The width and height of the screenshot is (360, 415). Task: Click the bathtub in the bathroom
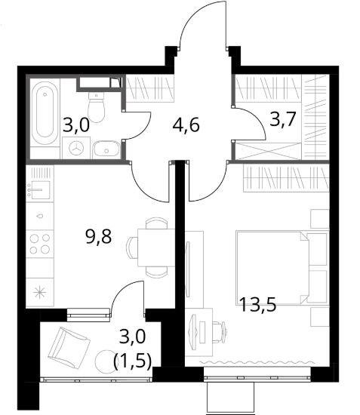coord(45,113)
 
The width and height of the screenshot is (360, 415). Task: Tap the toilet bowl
coord(96,107)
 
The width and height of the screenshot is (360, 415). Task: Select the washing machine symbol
coord(76,148)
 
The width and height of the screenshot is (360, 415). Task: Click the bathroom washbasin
coord(106,149)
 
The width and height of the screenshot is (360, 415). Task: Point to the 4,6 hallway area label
coord(186,125)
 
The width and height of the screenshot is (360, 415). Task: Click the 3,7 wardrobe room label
coord(282,119)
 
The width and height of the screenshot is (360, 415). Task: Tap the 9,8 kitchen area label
coord(98,237)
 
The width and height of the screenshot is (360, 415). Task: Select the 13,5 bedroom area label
coord(257,305)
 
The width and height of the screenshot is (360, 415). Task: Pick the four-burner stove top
coord(40,244)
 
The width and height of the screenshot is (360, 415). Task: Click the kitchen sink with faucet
coord(39,189)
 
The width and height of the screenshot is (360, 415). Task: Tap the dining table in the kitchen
coord(156,247)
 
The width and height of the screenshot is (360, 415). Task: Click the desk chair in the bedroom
coord(220,332)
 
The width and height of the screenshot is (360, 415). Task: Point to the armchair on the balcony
coord(69,347)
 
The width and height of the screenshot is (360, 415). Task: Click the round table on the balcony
coord(105,361)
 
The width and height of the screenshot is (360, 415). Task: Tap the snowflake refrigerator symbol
coord(40,293)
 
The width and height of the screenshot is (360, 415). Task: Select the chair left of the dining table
coord(132,247)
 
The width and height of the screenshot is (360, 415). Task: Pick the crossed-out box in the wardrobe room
coord(268,152)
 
